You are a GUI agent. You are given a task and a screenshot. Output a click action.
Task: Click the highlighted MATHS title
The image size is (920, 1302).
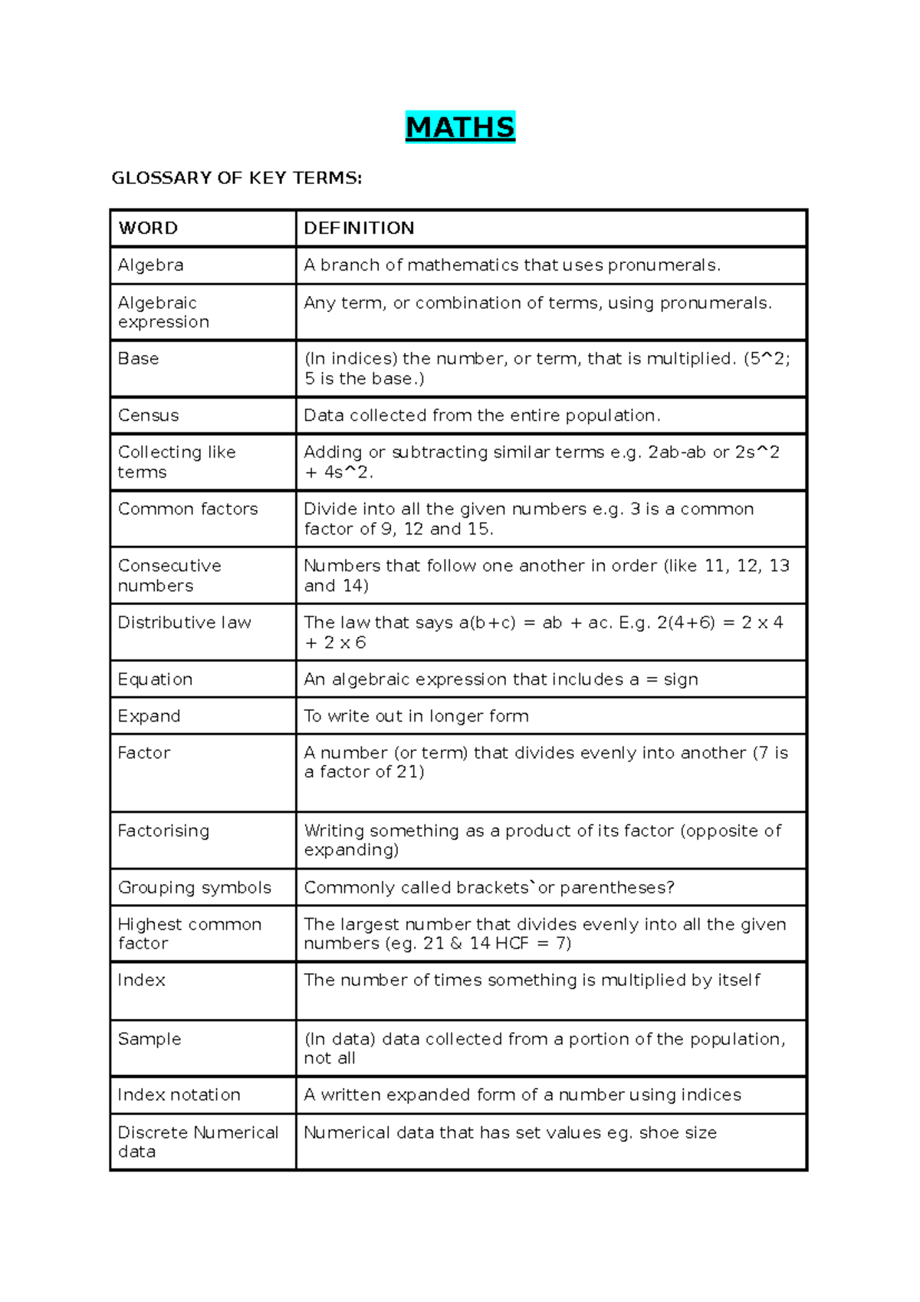(460, 127)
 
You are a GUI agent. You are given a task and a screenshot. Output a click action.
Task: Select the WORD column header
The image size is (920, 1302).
(148, 228)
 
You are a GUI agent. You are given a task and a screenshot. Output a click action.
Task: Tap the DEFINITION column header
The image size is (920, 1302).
(359, 228)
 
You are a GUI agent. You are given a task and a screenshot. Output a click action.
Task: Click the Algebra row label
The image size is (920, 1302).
(150, 265)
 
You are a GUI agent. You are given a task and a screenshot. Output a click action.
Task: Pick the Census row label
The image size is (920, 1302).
(148, 416)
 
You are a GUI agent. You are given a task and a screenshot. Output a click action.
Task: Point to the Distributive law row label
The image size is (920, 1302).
(184, 623)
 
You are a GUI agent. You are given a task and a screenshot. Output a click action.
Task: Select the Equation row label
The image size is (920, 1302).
(155, 679)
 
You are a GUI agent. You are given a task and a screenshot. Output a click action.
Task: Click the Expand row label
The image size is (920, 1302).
(149, 716)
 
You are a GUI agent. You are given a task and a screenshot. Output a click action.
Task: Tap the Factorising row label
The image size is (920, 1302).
(163, 831)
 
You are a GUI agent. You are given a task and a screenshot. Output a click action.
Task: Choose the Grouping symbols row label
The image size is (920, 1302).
(194, 888)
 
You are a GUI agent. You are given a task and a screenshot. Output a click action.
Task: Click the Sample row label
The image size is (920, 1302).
(149, 1039)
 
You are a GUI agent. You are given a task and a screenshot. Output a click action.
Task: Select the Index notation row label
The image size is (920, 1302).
(179, 1095)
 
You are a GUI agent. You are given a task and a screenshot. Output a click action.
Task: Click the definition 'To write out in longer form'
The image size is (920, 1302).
(416, 716)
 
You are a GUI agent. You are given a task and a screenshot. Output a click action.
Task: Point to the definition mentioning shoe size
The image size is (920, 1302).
(510, 1133)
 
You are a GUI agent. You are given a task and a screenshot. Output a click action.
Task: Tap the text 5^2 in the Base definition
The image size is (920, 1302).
(770, 359)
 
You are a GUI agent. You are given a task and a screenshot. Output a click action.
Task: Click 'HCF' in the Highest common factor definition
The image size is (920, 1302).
(511, 943)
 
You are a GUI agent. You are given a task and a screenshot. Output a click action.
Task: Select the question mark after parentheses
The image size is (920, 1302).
(670, 888)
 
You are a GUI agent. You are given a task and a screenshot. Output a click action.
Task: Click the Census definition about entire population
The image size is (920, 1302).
(481, 416)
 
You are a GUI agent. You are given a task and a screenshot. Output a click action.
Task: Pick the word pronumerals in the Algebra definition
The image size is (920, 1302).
(663, 265)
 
